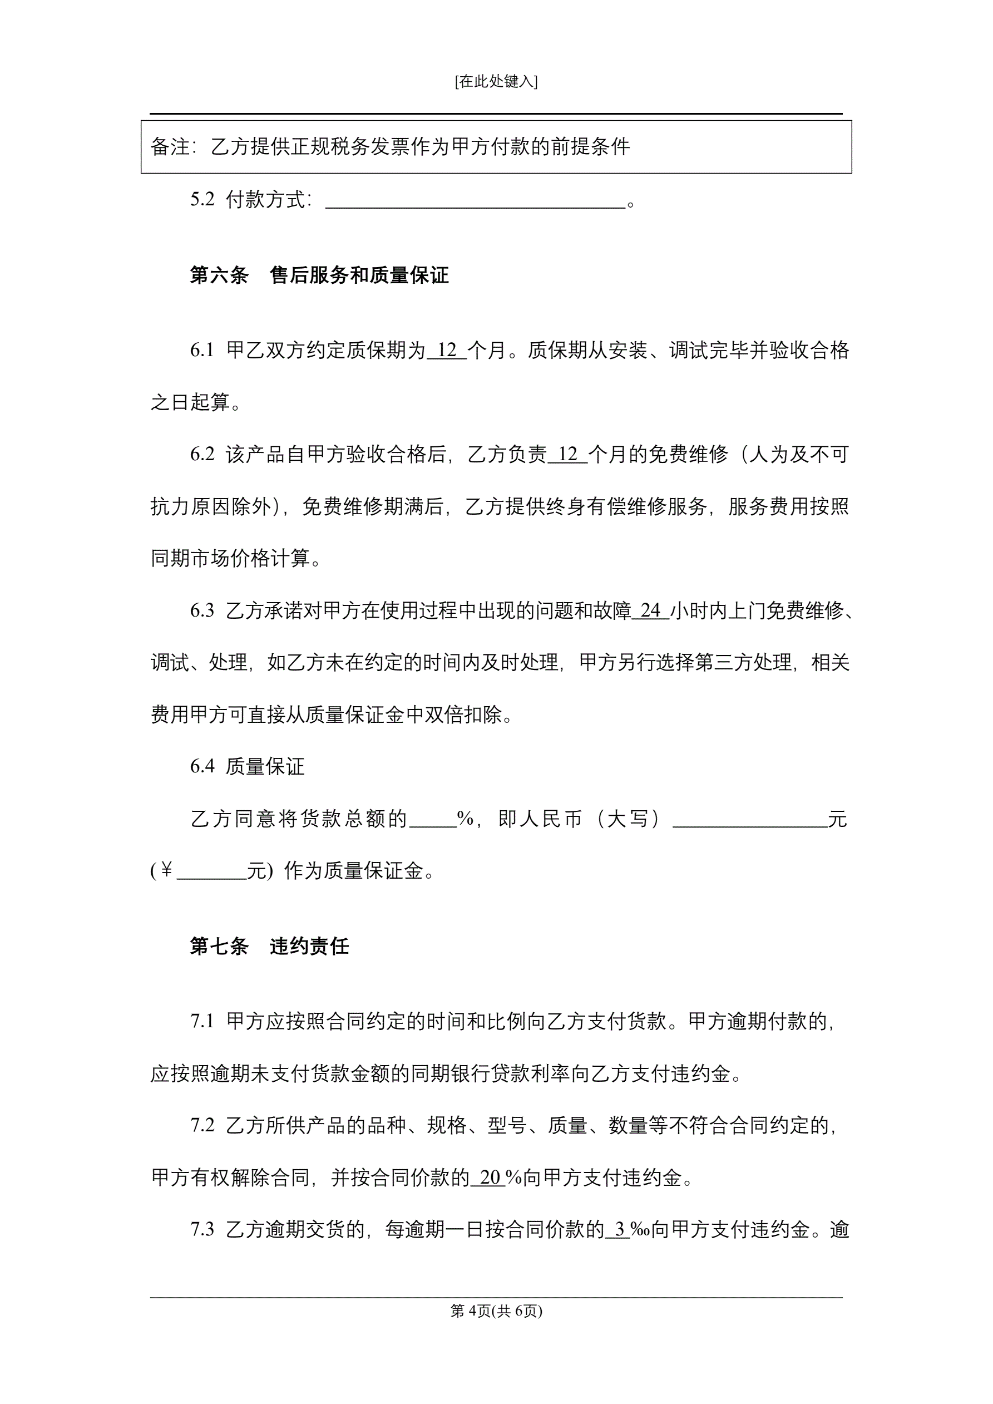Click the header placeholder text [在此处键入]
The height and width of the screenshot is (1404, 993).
496,81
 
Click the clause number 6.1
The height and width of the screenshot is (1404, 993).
202,351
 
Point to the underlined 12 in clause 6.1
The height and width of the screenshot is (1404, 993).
446,351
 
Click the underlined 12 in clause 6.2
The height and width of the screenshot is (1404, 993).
567,454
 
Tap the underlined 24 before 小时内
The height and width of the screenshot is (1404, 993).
650,610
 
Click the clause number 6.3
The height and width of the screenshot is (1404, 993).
202,610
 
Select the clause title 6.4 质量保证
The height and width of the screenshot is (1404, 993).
247,766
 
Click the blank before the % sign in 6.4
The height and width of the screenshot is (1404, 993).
432,819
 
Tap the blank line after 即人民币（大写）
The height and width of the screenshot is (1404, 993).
750,819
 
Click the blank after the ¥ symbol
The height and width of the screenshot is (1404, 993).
211,871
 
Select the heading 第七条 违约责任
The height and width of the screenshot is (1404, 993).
269,947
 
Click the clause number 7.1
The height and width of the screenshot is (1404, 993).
202,1021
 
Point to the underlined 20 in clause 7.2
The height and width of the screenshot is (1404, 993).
490,1177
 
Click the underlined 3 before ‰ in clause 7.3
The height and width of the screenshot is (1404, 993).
619,1229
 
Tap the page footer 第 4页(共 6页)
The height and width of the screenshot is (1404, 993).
496,1311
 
